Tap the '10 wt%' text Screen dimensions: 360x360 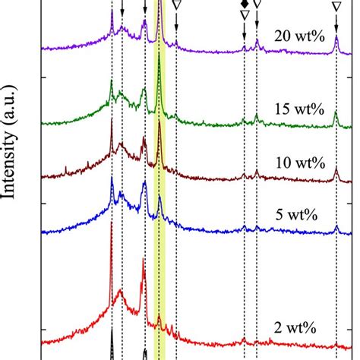click(300, 163)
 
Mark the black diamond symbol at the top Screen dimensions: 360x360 click(244, 3)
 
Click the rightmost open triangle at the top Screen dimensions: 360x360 click(336, 6)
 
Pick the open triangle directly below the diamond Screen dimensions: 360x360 click(244, 14)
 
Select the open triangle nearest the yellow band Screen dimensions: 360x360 click(176, 5)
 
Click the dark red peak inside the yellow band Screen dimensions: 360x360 click(159, 137)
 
